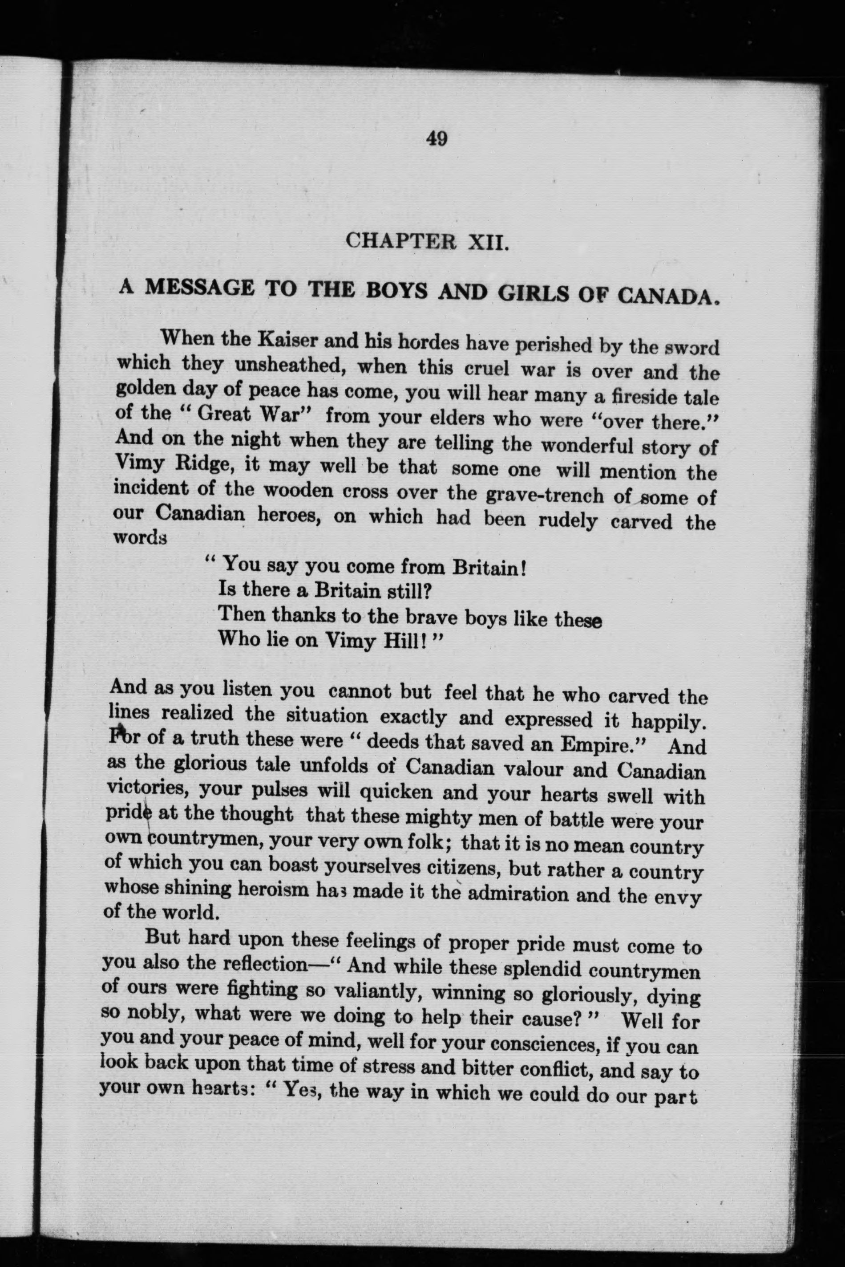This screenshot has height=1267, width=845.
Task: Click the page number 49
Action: pos(437,139)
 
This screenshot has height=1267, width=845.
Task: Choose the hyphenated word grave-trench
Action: pos(544,495)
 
